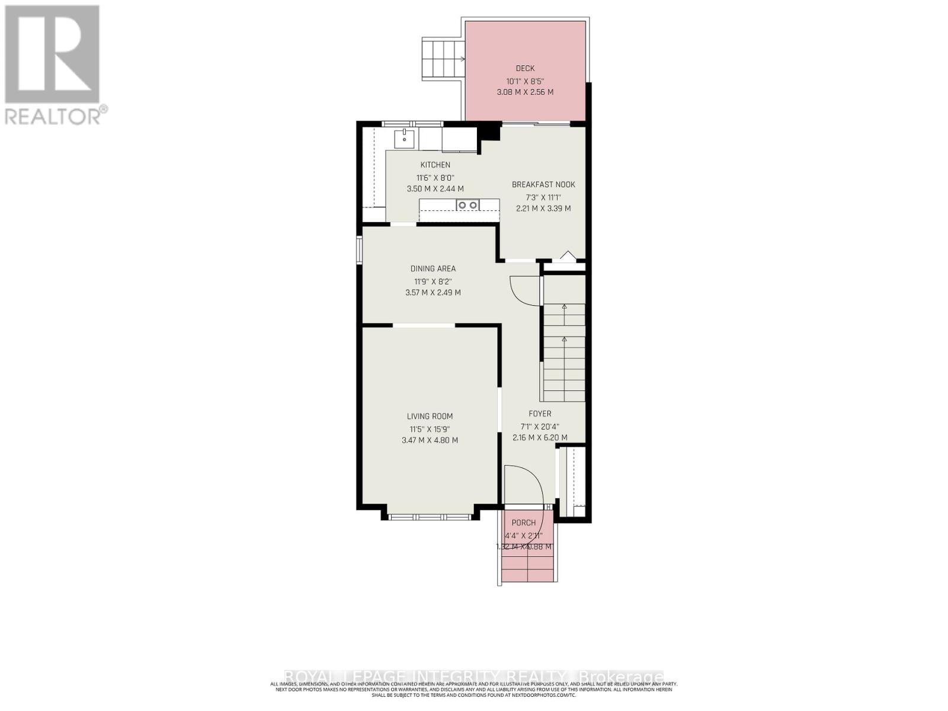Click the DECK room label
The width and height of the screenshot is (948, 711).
[525, 69]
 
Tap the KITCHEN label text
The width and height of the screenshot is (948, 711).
[435, 165]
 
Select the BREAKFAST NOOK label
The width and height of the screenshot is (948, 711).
[543, 185]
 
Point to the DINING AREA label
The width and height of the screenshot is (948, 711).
[433, 269]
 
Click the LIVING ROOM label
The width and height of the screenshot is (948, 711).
[430, 417]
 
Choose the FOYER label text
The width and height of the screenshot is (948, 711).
[540, 414]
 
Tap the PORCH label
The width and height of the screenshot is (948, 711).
[523, 523]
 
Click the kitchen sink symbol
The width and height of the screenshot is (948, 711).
[405, 139]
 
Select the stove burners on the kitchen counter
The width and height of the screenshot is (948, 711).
[467, 205]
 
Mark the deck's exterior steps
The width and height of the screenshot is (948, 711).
[442, 59]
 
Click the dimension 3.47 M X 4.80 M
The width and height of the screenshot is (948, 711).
[430, 440]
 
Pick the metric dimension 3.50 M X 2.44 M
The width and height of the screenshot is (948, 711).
[435, 189]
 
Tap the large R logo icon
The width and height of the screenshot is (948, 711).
[52, 55]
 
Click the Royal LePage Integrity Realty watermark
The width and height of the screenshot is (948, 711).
[474, 677]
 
